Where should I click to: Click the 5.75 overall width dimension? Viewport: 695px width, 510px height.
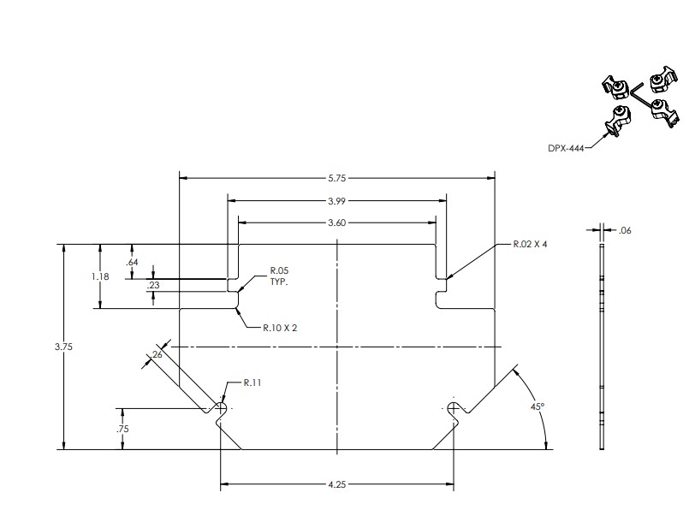tap(337, 178)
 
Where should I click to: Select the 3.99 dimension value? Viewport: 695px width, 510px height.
tap(337, 201)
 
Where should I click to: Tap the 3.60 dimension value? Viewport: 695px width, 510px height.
tap(337, 222)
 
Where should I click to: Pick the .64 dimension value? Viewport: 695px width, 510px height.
tap(131, 262)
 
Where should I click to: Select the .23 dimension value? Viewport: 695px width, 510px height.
tap(153, 286)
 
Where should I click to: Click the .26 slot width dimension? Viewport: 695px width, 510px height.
tap(157, 353)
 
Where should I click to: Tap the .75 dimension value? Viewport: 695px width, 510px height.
tap(124, 430)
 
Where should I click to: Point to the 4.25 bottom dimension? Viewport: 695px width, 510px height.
tap(337, 485)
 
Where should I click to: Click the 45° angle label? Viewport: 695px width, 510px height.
tap(537, 408)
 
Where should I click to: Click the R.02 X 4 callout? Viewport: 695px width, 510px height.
tap(530, 244)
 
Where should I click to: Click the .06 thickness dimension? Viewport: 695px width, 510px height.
tap(624, 229)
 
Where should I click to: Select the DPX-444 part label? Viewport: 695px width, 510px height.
tap(565, 147)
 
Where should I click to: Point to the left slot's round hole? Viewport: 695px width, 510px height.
tap(222, 406)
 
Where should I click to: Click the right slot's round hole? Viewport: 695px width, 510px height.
tap(453, 406)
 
